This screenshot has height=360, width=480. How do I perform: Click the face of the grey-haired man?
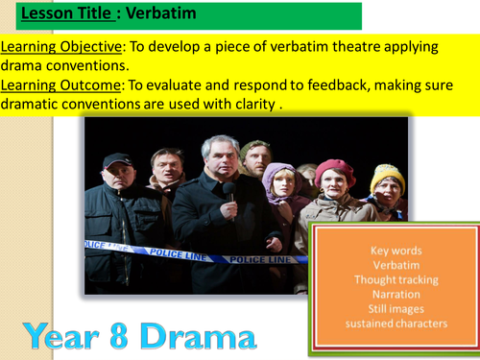point(220,164)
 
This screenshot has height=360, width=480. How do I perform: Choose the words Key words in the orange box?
point(396,251)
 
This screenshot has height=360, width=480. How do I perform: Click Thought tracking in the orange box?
point(396,279)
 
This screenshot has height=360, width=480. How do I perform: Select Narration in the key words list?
point(396,294)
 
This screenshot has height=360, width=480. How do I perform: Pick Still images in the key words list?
point(396,308)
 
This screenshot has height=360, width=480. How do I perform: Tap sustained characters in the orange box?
point(396,323)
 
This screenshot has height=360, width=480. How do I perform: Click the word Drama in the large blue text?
point(201,335)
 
